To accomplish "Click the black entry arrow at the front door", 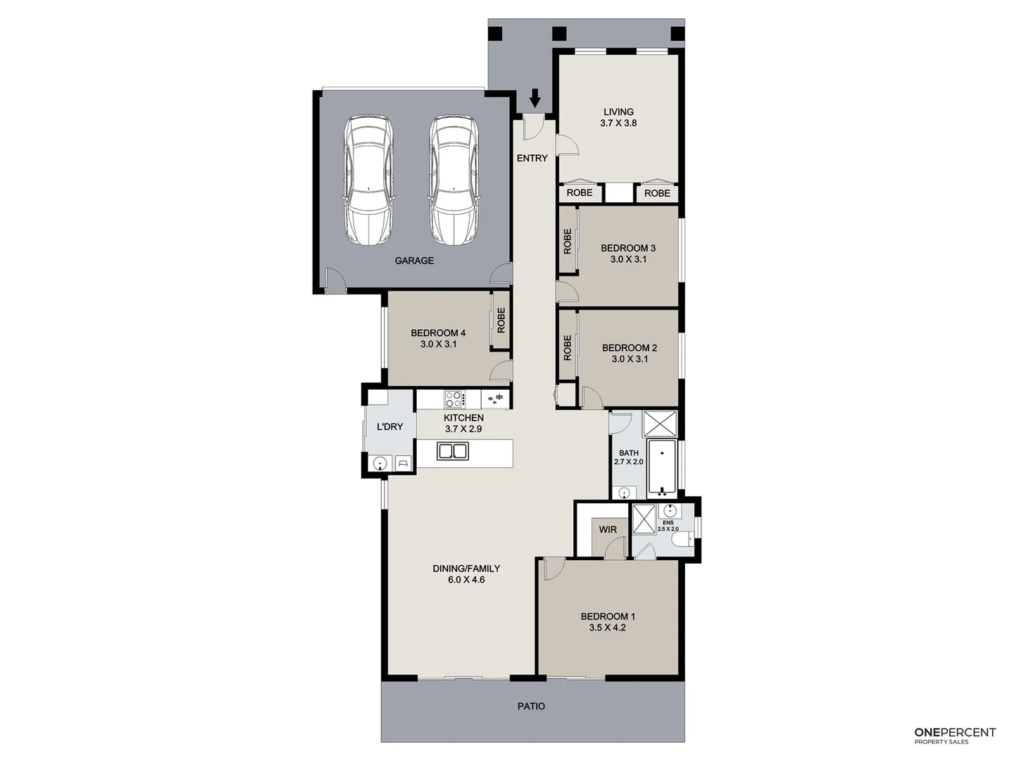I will click(x=535, y=99).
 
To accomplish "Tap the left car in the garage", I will click(x=368, y=181).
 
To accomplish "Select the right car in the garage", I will click(x=454, y=181).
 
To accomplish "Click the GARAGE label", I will click(x=414, y=261).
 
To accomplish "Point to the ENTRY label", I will click(x=532, y=159).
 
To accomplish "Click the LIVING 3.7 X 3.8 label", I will click(x=618, y=117).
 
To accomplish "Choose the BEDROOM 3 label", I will click(x=628, y=248).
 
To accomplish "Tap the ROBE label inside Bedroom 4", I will click(x=501, y=321).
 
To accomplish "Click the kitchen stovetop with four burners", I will click(x=454, y=400).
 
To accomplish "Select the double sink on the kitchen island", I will click(x=453, y=451).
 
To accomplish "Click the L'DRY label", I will click(x=389, y=427).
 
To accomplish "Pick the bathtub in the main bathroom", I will click(x=662, y=468).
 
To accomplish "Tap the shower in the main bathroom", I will click(x=660, y=424).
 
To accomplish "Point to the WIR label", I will click(x=608, y=530).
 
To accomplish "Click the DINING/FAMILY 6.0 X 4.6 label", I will click(x=466, y=574).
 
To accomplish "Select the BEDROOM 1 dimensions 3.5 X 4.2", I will click(x=608, y=628).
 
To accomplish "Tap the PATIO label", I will click(x=531, y=706).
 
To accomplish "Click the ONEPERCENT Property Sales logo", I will click(x=955, y=736).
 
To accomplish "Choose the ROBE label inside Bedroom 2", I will click(x=568, y=348).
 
